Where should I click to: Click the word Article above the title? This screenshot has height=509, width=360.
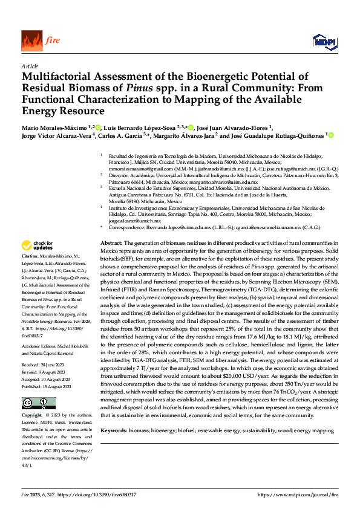click(29, 66)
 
